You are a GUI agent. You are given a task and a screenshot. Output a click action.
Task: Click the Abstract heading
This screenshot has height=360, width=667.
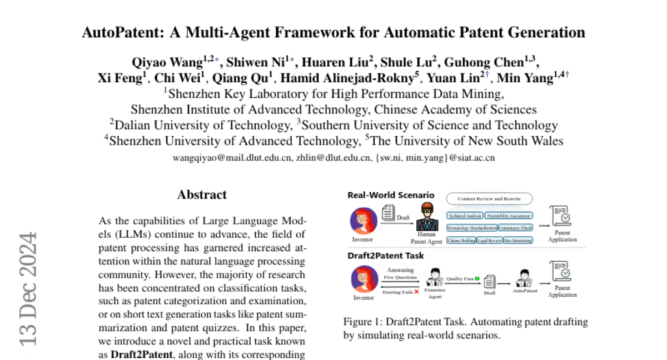pos(202,195)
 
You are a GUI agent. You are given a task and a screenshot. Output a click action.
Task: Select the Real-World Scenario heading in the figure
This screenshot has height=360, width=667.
pos(391,195)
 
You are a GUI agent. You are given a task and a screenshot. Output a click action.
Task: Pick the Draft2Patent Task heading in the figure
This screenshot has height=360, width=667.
pos(385,256)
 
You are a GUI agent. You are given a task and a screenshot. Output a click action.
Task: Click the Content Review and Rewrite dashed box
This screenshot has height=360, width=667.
pos(489,198)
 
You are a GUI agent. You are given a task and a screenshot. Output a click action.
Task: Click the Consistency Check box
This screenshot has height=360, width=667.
pos(515,228)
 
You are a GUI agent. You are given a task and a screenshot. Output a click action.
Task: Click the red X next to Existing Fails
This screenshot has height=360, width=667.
pos(416,292)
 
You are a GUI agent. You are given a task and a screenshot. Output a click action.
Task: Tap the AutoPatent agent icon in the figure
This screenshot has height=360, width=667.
pos(524,277)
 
